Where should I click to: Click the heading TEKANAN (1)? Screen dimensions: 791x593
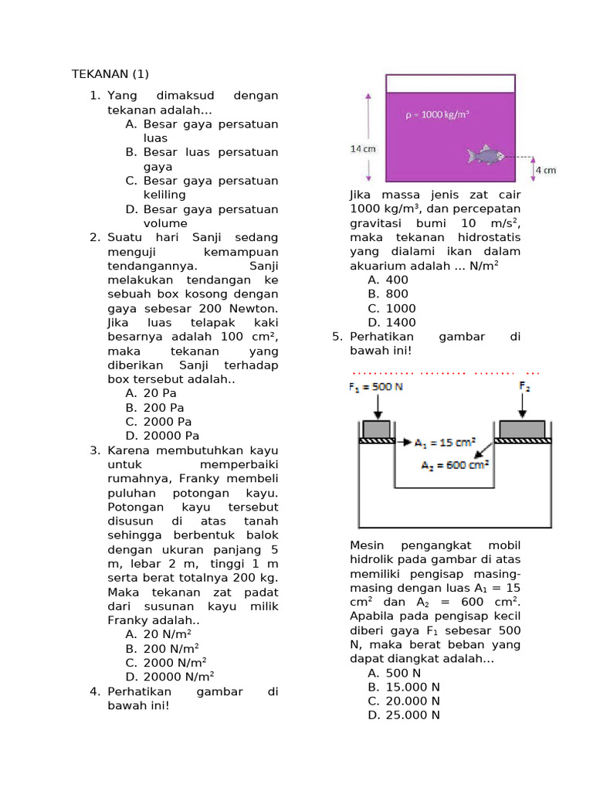[110, 74]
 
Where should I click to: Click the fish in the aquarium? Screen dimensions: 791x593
[485, 155]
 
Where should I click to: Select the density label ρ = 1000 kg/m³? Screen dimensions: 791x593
[438, 114]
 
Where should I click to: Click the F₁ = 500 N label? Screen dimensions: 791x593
[376, 386]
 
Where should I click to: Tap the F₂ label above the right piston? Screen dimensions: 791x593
[524, 385]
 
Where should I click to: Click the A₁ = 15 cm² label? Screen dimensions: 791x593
[445, 443]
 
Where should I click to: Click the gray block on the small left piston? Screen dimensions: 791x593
[376, 429]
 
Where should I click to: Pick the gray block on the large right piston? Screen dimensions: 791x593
[523, 429]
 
